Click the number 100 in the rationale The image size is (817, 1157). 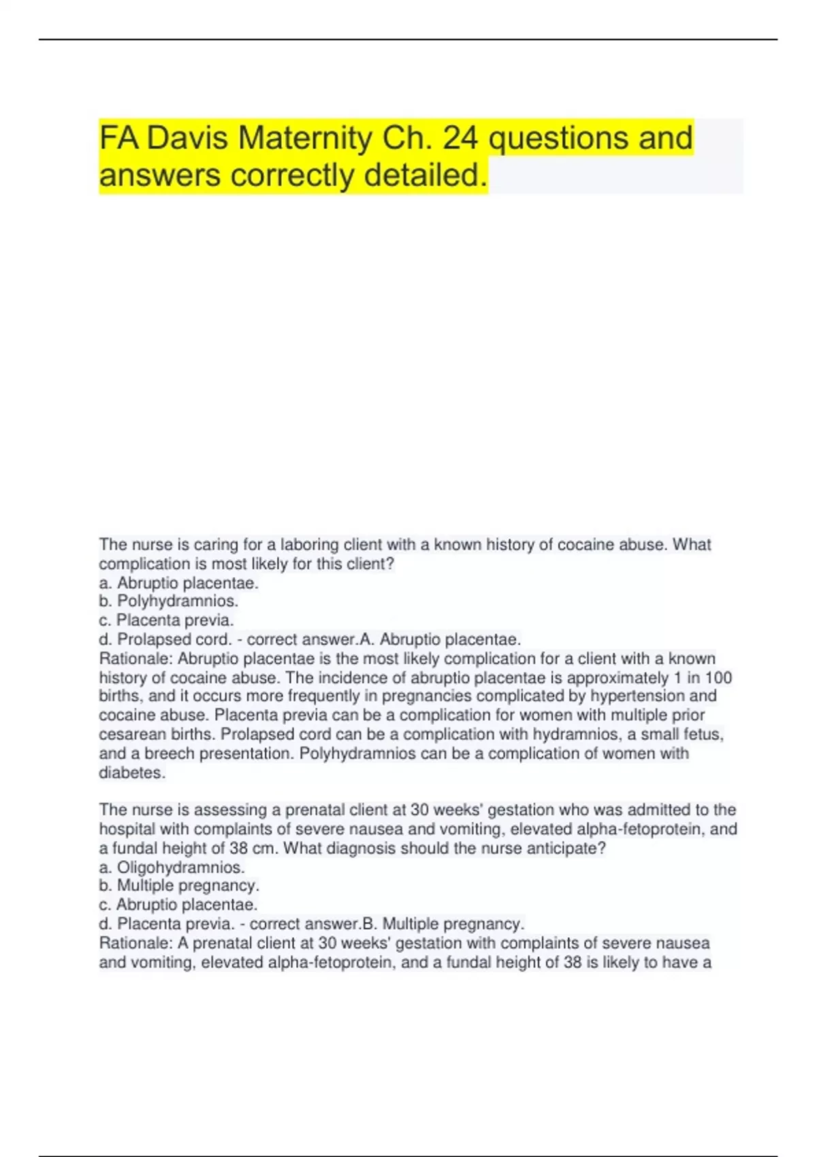718,678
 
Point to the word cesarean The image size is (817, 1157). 127,734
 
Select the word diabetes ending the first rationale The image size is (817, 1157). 131,772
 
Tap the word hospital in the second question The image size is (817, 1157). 127,829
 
